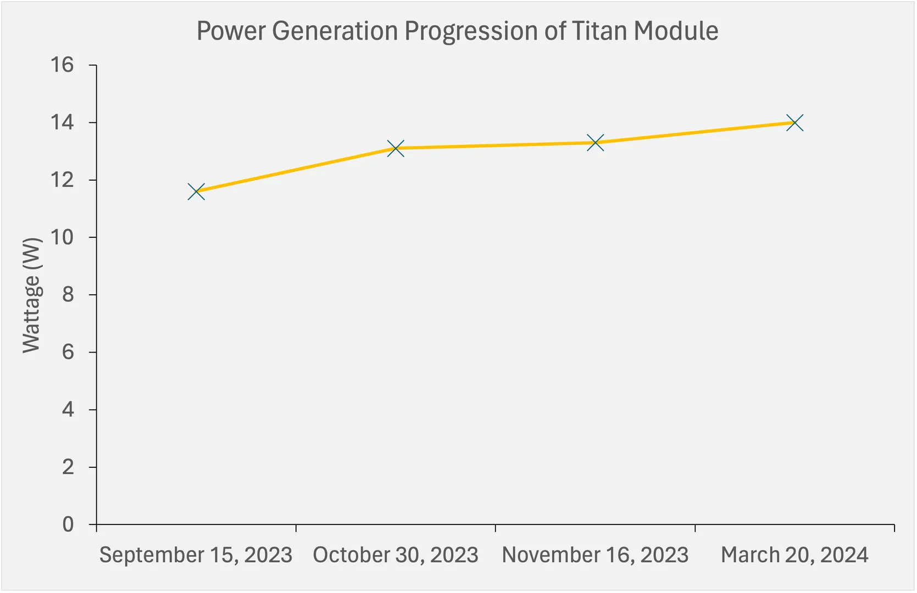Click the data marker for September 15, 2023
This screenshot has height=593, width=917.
coord(196,192)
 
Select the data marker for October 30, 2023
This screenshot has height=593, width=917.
coord(396,148)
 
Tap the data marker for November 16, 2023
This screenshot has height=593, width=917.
coord(595,143)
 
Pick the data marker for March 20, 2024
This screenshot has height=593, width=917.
coord(794,122)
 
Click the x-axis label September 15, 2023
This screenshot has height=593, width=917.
coord(196,555)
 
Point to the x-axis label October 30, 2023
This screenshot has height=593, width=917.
coord(396,555)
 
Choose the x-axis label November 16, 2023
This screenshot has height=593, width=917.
coord(595,555)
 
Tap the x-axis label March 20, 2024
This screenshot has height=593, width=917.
coord(794,555)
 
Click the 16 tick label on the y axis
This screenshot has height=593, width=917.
coord(62,65)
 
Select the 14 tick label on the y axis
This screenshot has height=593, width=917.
coord(62,122)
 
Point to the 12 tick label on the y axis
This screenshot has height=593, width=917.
coord(62,180)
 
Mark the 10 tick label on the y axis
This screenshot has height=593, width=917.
coord(62,237)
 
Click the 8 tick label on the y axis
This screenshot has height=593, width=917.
coord(68,295)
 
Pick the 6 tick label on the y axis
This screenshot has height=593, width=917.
coord(68,352)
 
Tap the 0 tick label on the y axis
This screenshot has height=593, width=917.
coord(68,524)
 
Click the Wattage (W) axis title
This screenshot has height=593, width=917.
coord(32,295)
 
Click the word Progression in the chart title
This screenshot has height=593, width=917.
coord(471,31)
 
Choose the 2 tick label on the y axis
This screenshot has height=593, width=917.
coord(68,467)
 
